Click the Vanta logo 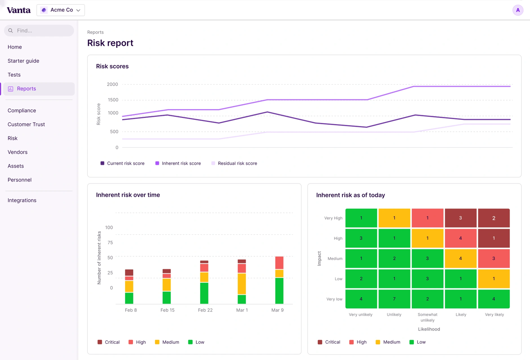pos(18,10)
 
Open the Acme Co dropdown pos(61,10)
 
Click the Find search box pos(39,30)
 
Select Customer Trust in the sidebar pos(26,124)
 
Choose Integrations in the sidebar pos(22,200)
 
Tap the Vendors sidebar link pos(17,152)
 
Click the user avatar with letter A pos(518,10)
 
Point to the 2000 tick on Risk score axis pos(112,84)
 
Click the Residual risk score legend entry pos(234,163)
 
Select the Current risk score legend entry pos(122,163)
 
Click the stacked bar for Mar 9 pos(279,280)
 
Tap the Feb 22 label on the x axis pos(205,310)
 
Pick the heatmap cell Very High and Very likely pos(494,218)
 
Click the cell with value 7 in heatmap pos(394,299)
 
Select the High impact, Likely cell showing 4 pos(461,238)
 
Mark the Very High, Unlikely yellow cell pos(394,218)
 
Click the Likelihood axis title pos(429,329)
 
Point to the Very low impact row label pos(334,299)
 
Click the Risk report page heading pos(110,43)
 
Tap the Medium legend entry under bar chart pos(167,342)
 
